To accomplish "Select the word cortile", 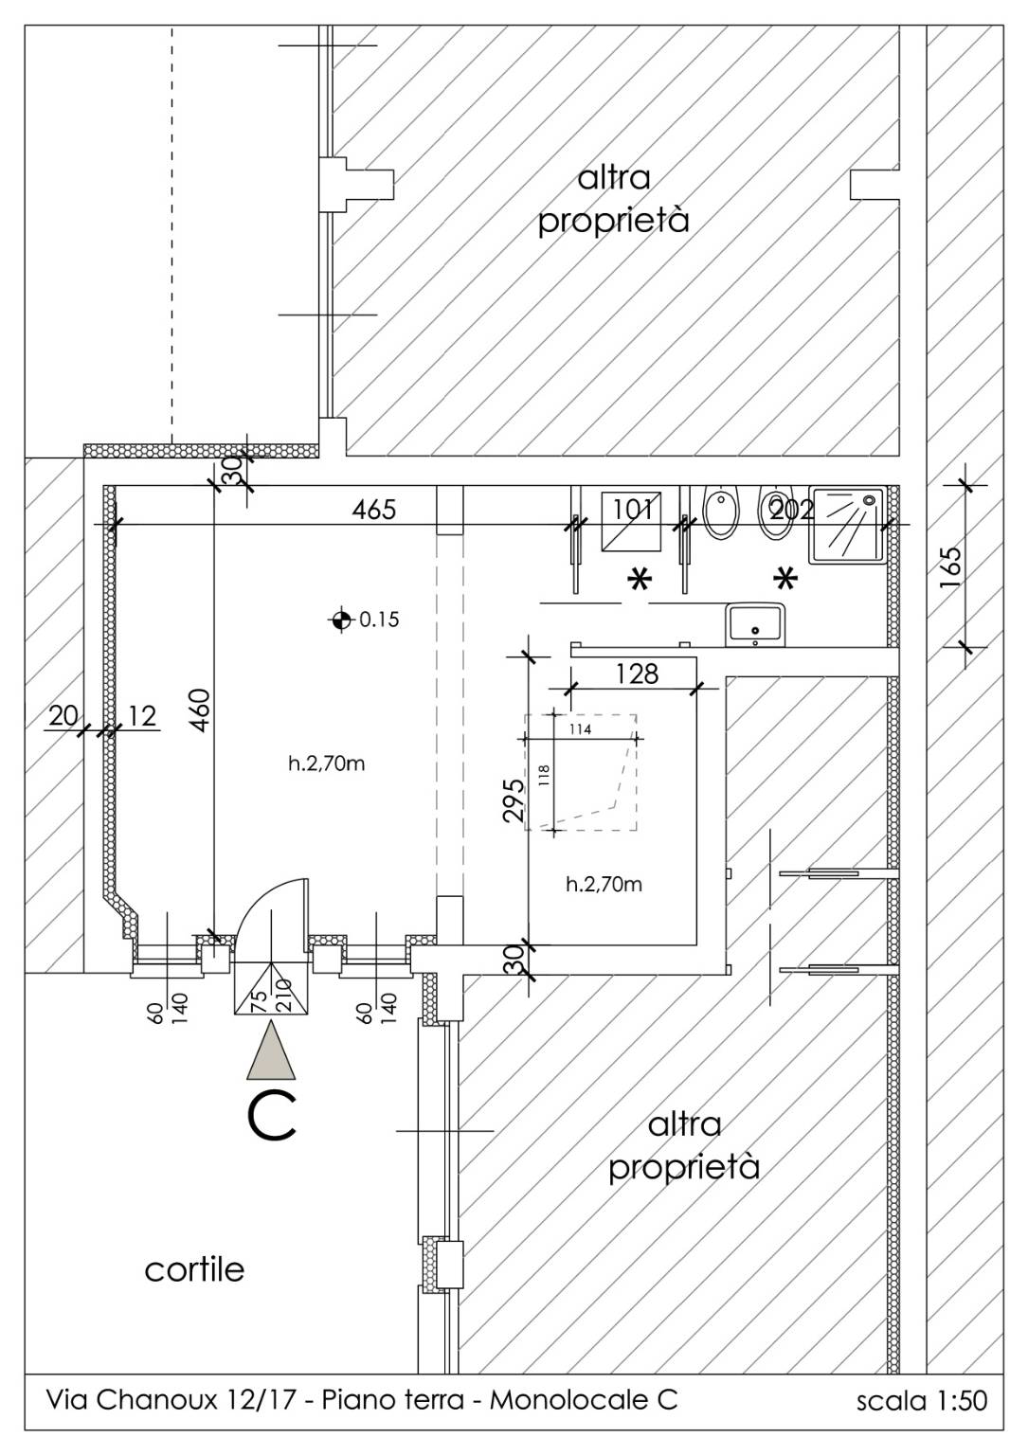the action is point(194,1269).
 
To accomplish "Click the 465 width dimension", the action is point(373,510).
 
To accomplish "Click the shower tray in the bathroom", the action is point(847,525).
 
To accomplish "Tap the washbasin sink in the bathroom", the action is point(756,624).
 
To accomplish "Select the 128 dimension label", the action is point(637,674).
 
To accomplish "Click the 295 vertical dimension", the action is point(514,800).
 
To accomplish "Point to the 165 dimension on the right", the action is point(950,567).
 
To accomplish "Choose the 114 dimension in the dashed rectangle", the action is point(580,729).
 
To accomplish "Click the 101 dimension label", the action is point(632,510).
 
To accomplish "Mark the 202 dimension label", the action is point(791,510).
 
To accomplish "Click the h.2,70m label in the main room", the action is point(326,763).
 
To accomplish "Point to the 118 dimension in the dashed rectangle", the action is point(545,775).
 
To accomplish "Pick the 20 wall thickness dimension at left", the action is point(63,716).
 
